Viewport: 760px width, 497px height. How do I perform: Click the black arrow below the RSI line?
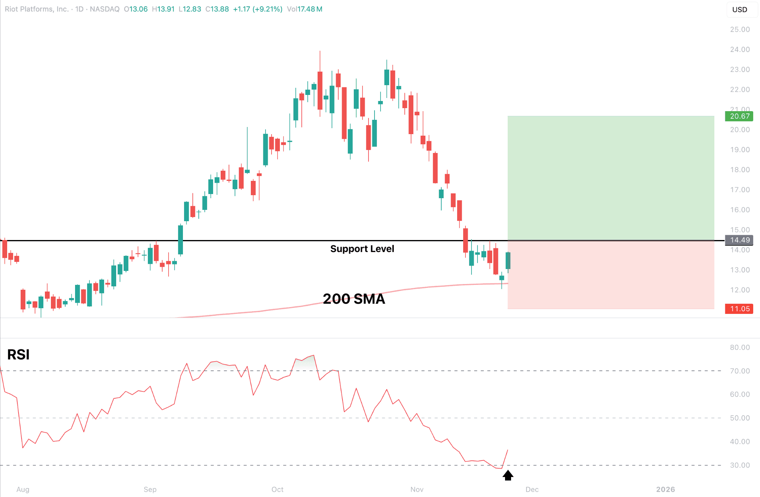[508, 476]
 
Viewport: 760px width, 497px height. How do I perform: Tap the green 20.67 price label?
[739, 116]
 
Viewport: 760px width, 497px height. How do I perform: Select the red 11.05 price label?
[739, 309]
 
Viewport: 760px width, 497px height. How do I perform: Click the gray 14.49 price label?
[739, 240]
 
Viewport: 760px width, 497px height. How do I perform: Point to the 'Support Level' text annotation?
[362, 249]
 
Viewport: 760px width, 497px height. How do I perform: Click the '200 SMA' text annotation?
[354, 299]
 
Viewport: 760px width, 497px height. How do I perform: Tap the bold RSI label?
[18, 355]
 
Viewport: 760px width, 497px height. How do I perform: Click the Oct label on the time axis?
[277, 489]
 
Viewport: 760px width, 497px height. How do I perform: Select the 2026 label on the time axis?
[665, 489]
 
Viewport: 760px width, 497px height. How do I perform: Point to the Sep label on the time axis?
[150, 489]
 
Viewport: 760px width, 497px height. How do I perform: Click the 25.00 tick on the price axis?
[740, 29]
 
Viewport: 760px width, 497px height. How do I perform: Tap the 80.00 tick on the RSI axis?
[740, 347]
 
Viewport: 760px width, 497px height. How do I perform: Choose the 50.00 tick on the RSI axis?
[740, 418]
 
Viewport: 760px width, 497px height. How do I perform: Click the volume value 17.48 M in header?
[310, 9]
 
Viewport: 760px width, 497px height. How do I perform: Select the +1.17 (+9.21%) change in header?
[258, 9]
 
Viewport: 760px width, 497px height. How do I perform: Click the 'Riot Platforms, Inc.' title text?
[37, 9]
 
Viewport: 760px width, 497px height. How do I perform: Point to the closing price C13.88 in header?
[217, 9]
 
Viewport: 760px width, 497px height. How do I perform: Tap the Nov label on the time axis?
[417, 489]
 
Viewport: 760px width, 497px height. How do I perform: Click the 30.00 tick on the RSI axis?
[740, 465]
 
